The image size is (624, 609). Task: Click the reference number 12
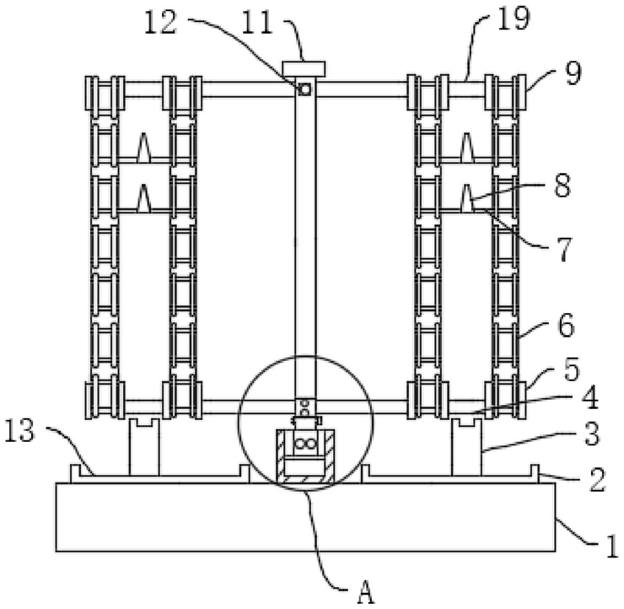coord(160,23)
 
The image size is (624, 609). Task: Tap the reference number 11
coord(257,23)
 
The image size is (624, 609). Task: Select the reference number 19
coord(514,19)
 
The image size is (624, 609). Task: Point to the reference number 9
coord(573,73)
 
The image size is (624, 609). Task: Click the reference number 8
coord(562,186)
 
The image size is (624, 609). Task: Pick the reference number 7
coord(564,250)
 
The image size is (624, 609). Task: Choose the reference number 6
coord(567,326)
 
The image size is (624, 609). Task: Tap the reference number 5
coord(572,369)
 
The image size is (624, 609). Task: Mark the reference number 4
coord(590,398)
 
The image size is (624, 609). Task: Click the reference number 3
coord(592,434)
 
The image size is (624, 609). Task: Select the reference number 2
coord(597,480)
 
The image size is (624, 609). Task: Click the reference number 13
coord(20,431)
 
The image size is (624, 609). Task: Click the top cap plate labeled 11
coord(304,69)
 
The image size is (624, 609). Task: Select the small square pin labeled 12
coord(305,89)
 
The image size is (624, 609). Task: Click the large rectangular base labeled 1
coord(305,517)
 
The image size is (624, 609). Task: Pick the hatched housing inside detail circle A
coord(305,456)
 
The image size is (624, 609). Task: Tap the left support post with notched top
coord(144,447)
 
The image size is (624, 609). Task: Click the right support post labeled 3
coord(466,447)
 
